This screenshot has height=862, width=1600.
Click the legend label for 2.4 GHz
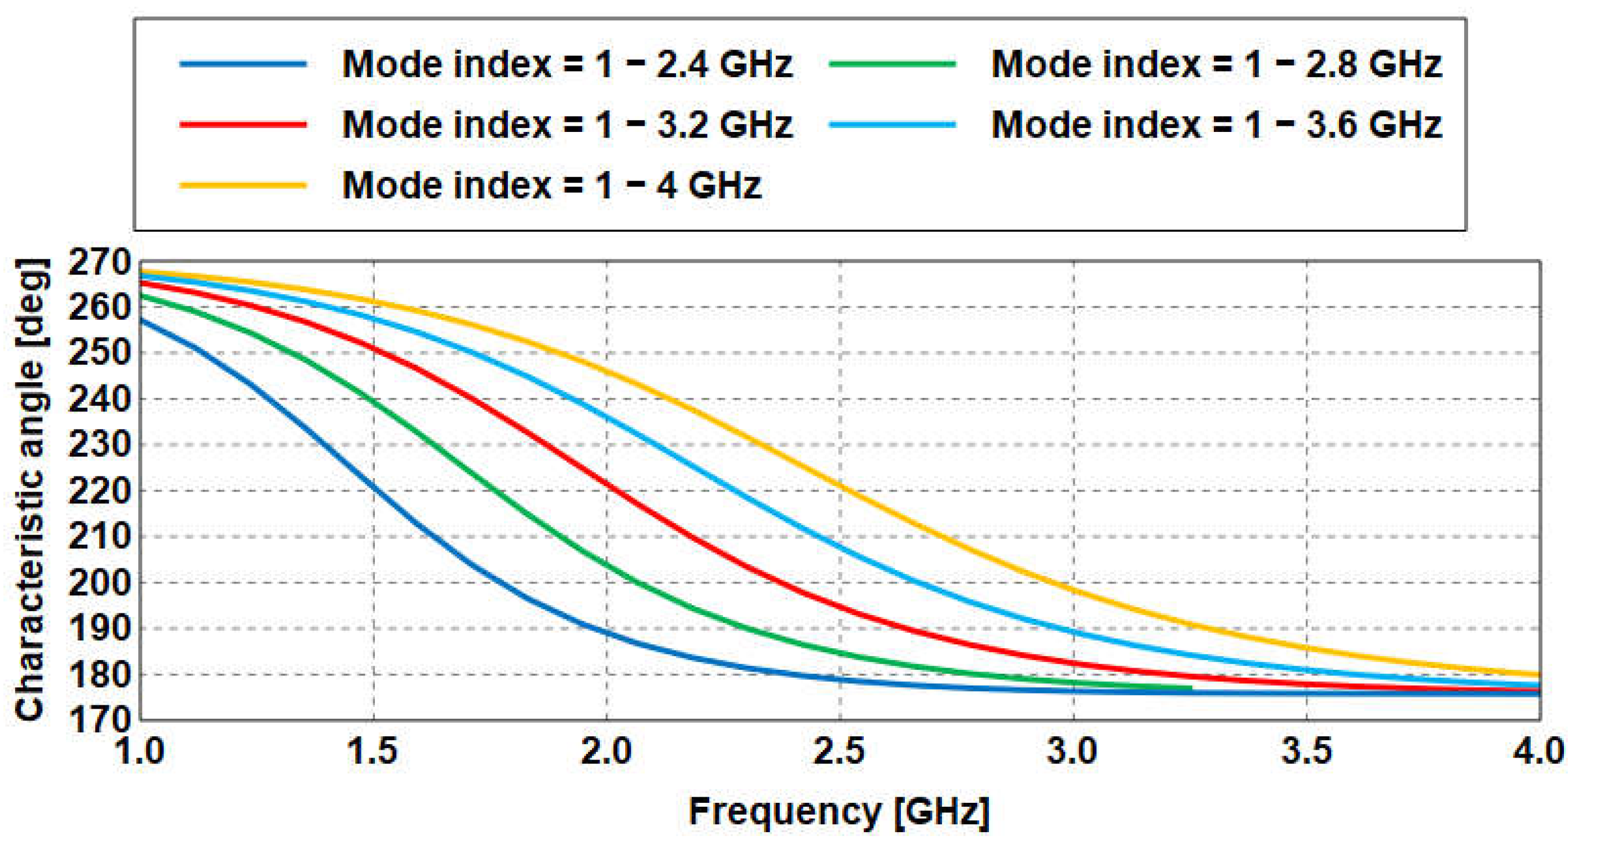(x=567, y=64)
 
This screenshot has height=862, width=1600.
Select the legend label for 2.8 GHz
(x=1216, y=64)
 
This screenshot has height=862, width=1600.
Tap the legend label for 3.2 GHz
(x=567, y=124)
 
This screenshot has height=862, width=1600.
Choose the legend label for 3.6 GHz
(x=1216, y=124)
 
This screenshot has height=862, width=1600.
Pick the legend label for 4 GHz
(x=551, y=185)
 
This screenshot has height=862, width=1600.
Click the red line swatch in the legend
(x=243, y=124)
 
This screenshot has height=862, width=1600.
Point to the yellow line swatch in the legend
(x=243, y=185)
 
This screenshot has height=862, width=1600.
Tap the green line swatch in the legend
(x=892, y=64)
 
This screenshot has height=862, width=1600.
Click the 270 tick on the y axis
(x=99, y=263)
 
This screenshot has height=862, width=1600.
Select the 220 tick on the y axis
(x=99, y=492)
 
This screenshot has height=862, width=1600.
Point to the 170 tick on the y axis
(x=99, y=720)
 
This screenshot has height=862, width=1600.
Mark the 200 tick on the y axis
(x=99, y=583)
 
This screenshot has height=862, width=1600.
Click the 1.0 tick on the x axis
(x=140, y=752)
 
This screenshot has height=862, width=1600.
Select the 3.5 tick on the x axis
(x=1306, y=752)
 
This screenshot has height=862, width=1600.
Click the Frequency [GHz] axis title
(x=839, y=812)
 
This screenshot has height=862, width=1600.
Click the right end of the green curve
(x=1190, y=687)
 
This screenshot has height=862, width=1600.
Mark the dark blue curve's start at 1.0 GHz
(x=142, y=320)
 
